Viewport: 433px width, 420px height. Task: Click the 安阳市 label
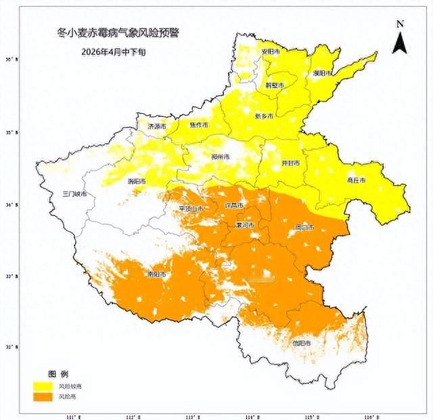(271, 51)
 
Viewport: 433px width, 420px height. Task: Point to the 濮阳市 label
(322, 72)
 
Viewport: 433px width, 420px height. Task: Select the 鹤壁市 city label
(274, 85)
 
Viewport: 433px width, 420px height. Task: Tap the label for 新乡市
(264, 116)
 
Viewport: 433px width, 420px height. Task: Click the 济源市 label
(156, 126)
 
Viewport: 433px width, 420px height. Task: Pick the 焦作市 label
(200, 125)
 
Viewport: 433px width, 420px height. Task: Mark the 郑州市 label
(221, 156)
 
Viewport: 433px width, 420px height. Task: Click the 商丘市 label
(356, 181)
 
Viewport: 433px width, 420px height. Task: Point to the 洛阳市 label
(156, 182)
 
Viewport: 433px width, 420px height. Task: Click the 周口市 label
(304, 228)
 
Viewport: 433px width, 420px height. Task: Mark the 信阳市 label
(301, 343)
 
